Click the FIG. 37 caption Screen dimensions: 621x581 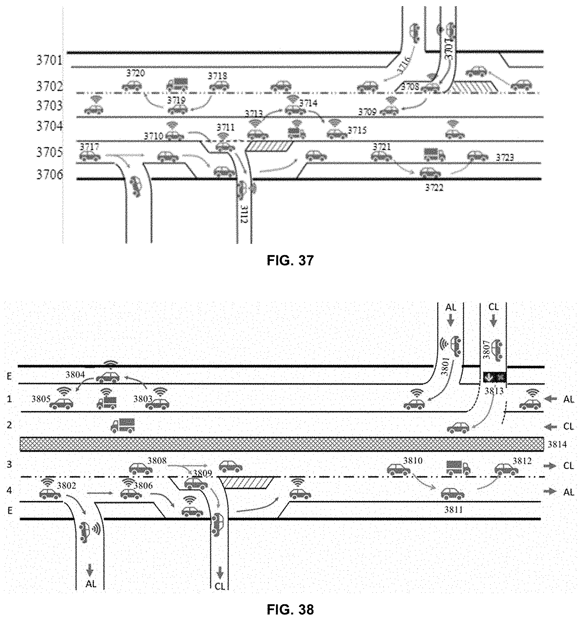pos(290,260)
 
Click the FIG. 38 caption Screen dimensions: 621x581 pos(290,610)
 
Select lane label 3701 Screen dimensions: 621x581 pos(49,60)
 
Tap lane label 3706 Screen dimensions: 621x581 pos(49,175)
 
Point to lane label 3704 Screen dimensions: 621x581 pos(49,126)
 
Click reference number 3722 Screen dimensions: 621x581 pos(434,187)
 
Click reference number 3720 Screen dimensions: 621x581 pos(135,73)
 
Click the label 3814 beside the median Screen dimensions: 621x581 pos(557,444)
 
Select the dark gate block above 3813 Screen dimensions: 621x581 pos(493,377)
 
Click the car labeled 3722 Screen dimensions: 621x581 pos(430,172)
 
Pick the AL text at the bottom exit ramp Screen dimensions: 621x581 pos(91,583)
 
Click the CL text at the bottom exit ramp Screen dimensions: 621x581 pos(220,586)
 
